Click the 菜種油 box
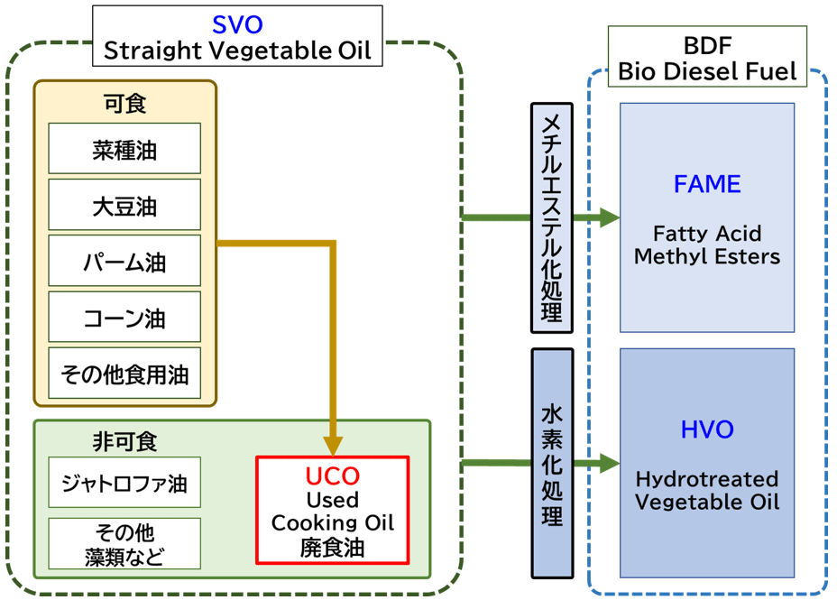124,148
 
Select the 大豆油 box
124,205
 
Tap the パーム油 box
124,261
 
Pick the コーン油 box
124,317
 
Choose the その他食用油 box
124,373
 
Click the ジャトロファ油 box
124,482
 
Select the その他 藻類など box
124,543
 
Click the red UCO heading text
333,476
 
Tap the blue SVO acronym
237,24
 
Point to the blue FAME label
707,184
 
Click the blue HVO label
707,429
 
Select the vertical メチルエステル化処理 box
552,217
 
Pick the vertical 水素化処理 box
552,464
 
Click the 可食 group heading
124,103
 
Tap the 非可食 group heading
124,441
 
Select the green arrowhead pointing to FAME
610,217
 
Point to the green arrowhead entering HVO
610,463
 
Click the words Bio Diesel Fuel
707,71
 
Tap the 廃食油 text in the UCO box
333,548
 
